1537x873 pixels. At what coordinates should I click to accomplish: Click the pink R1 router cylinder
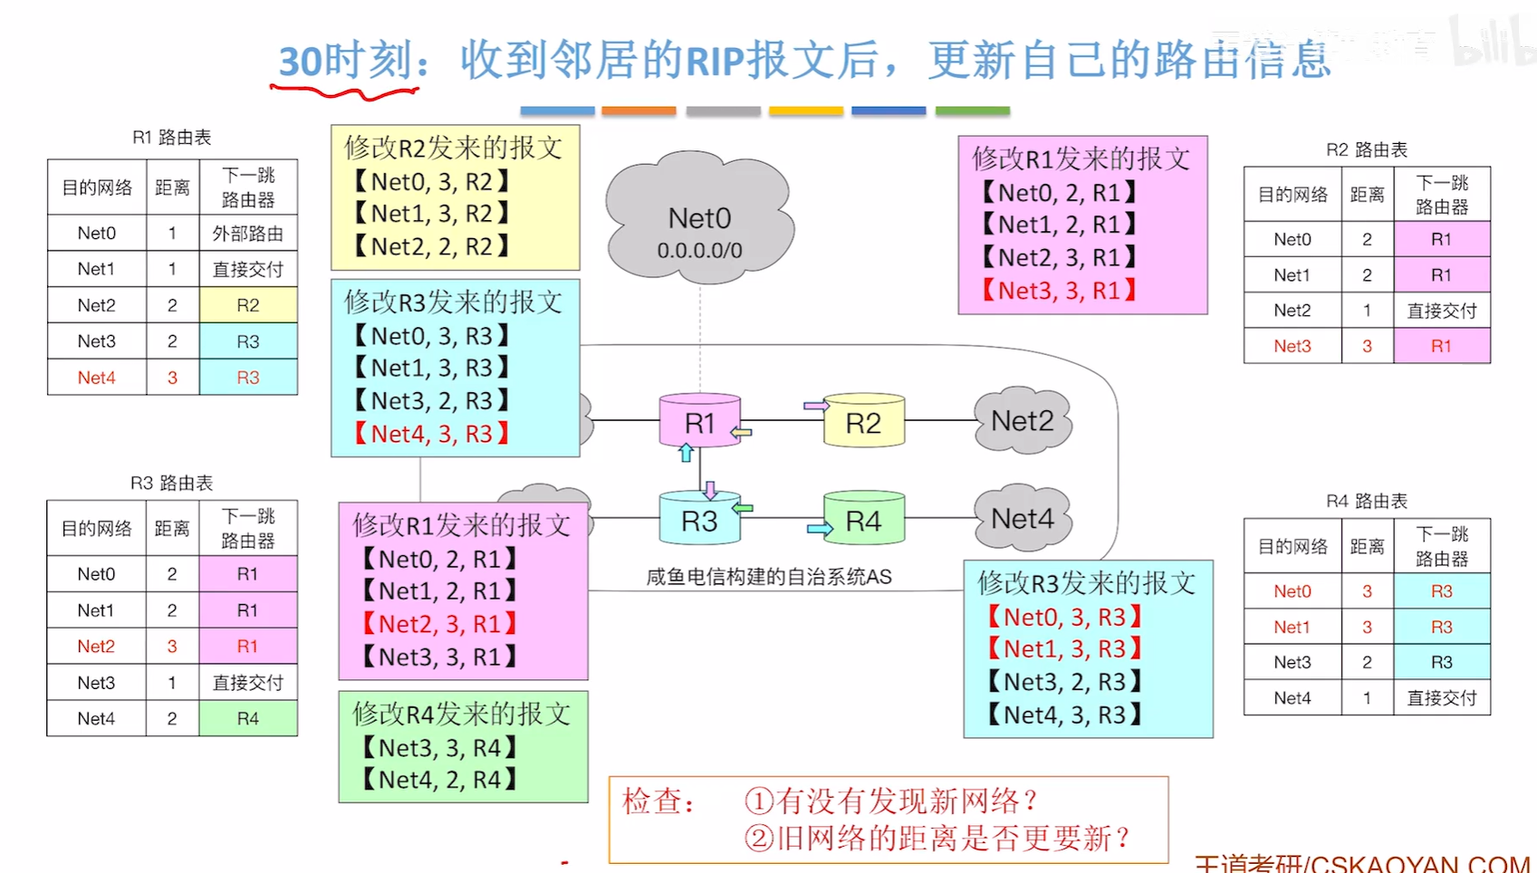[699, 422]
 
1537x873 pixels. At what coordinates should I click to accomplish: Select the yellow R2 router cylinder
[863, 422]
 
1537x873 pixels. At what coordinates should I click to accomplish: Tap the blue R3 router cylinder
[699, 520]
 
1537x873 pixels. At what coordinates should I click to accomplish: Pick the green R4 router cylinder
[863, 520]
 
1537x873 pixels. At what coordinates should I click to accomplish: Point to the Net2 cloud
[1023, 421]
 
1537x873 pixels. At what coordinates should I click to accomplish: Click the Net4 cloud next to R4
[1023, 519]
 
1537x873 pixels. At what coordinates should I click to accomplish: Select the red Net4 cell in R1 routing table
[97, 378]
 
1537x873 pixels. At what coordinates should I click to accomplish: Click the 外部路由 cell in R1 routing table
[247, 234]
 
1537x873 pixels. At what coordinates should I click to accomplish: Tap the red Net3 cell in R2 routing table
[1292, 346]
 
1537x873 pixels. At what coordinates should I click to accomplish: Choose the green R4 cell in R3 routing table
[247, 718]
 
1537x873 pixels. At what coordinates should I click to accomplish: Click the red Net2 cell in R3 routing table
[96, 647]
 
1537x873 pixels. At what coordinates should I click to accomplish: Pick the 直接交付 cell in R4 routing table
[1441, 698]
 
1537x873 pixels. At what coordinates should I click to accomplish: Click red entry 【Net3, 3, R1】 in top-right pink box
[1059, 291]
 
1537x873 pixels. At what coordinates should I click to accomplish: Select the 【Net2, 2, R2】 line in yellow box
[431, 246]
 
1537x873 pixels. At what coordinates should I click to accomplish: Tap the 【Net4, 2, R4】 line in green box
[438, 780]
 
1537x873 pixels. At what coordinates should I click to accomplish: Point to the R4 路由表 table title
[1366, 501]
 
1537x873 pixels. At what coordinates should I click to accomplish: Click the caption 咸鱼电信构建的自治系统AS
[768, 577]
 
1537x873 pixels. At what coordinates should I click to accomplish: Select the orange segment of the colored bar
[639, 110]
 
